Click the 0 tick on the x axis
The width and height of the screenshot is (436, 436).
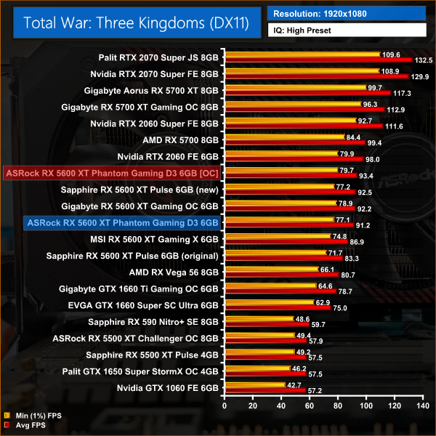(x=225, y=404)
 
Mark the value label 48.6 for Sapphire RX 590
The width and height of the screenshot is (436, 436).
(x=303, y=318)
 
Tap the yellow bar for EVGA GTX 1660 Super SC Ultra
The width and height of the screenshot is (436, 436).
(x=270, y=302)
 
